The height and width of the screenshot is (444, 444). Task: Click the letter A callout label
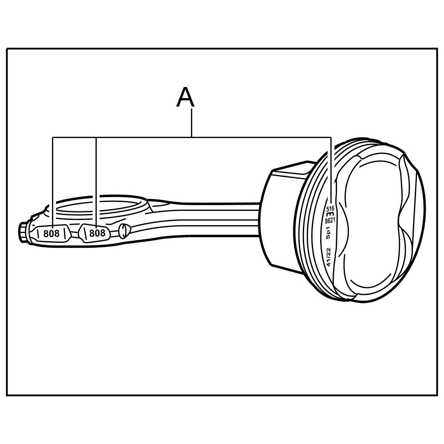pos(185,98)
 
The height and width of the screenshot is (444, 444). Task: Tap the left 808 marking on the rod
pos(51,233)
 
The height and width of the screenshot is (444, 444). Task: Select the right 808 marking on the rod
pos(97,233)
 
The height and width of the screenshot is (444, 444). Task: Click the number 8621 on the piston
pos(330,220)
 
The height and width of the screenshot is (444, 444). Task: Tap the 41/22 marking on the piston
pos(328,257)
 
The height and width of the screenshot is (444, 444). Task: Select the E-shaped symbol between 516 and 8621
pos(331,214)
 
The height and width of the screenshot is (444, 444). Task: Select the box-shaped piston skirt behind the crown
pos(284,218)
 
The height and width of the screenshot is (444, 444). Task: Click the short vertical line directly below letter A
pos(191,123)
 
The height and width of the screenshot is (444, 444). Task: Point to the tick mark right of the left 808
pos(65,233)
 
